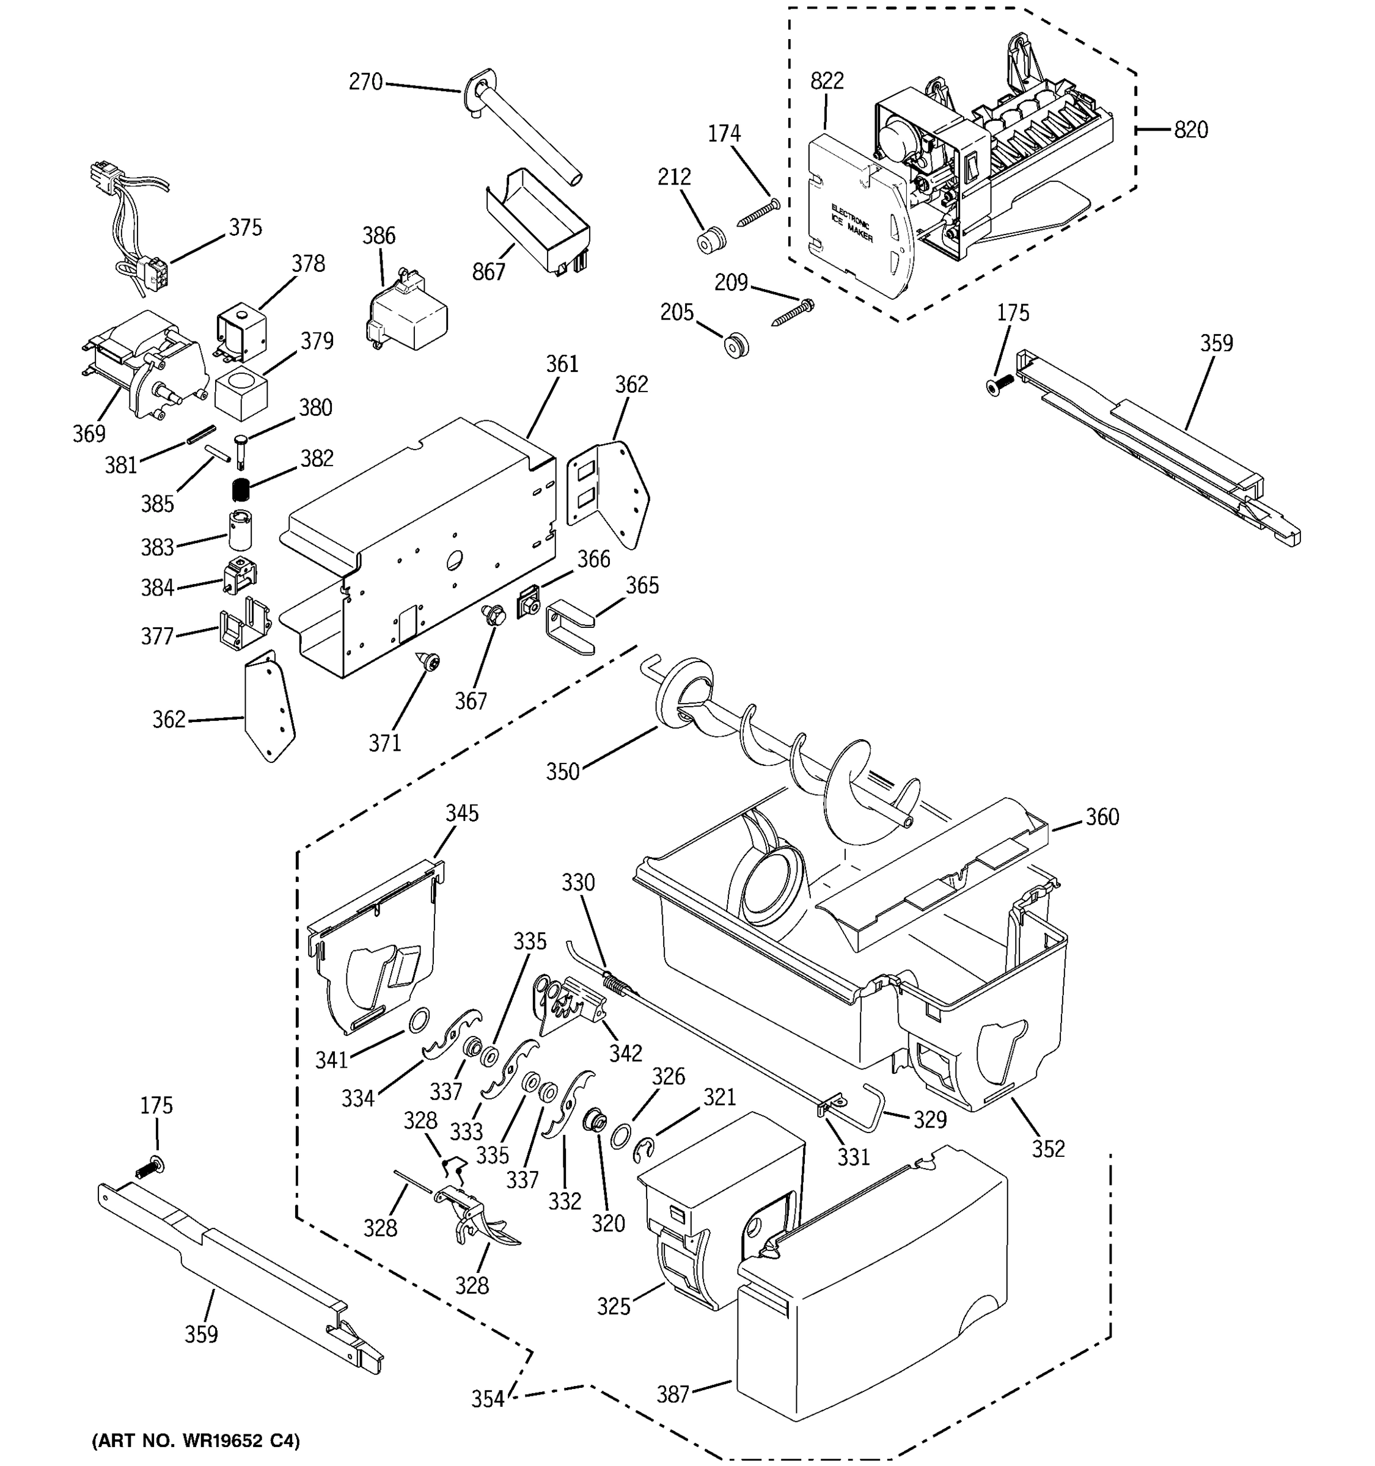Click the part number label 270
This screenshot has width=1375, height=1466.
coord(365,82)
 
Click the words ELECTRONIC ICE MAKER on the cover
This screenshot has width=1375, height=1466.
coord(851,224)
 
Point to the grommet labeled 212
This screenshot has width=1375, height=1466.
coord(712,241)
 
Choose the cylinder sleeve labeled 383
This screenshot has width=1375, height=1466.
coord(240,530)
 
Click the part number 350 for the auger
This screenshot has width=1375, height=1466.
coord(562,771)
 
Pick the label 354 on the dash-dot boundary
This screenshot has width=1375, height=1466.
coord(488,1399)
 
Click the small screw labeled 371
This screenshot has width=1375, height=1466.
coord(430,662)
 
